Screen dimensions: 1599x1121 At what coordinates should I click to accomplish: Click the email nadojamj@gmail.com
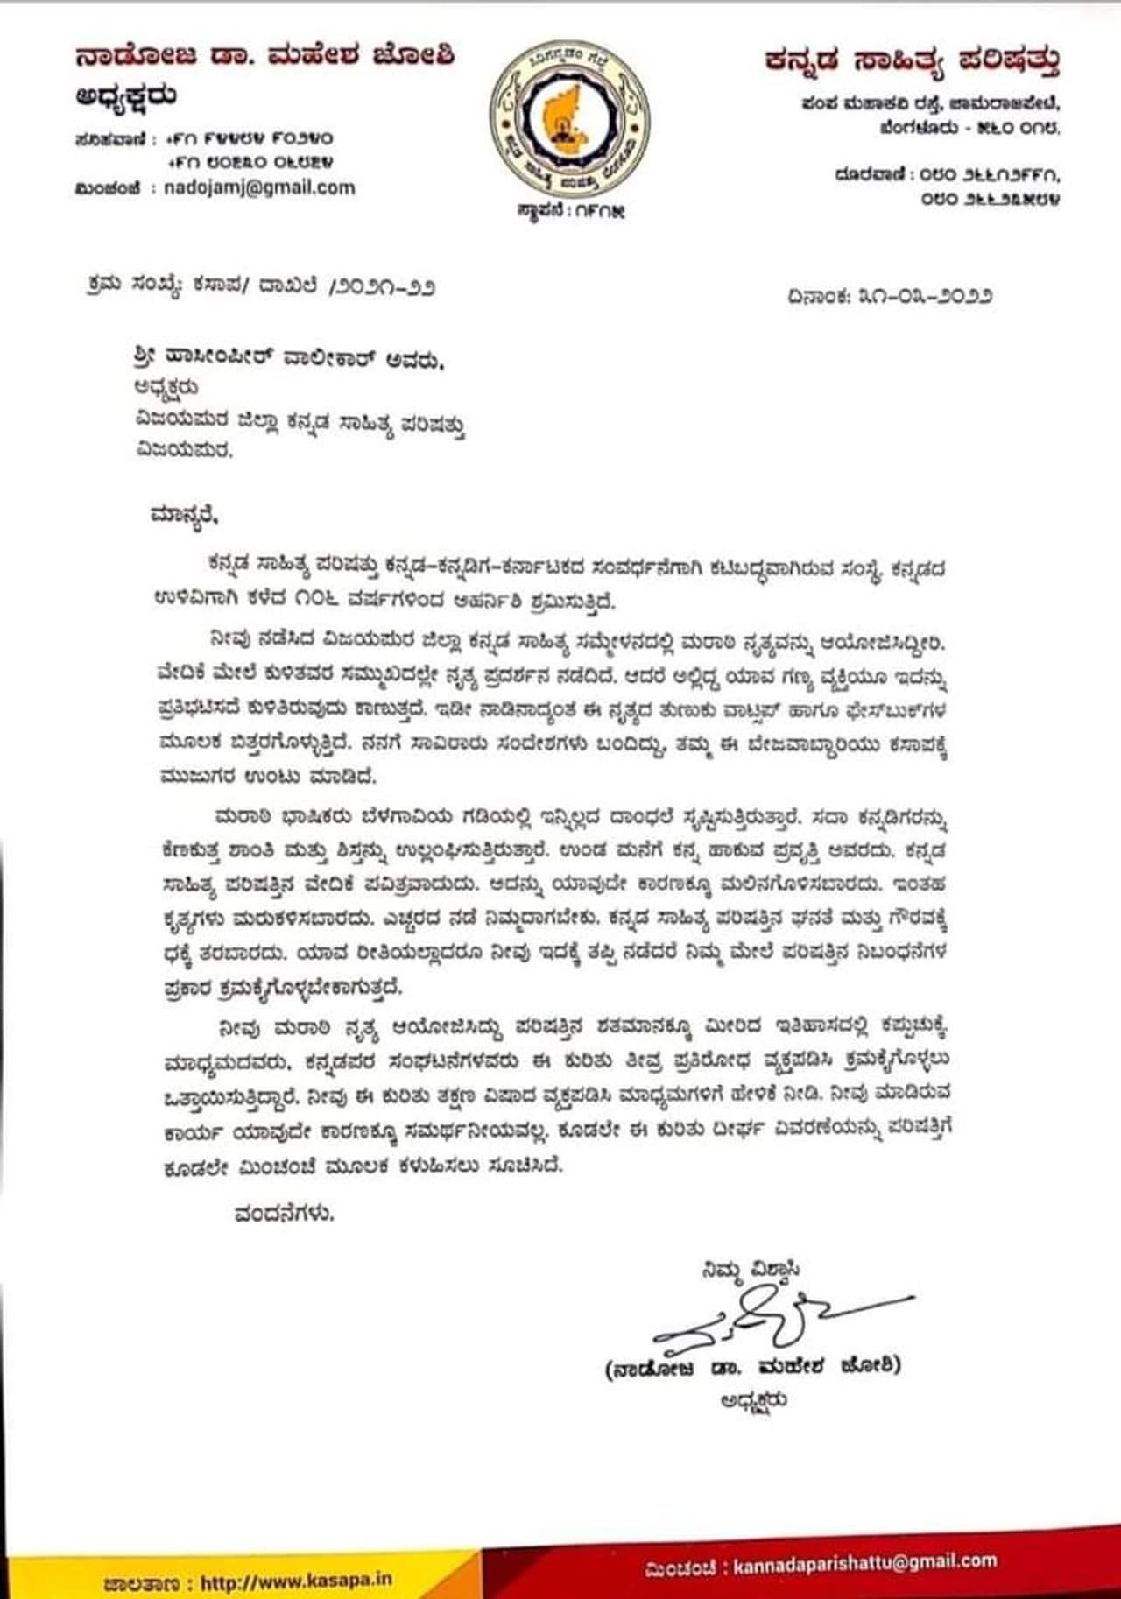coord(259,187)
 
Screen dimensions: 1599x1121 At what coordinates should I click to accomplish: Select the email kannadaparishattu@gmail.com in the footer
coord(864,1564)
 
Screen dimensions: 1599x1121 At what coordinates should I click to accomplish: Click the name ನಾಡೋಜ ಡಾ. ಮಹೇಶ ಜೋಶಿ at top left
coord(264,58)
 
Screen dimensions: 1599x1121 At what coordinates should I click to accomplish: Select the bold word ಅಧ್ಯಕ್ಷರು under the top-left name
coord(126,96)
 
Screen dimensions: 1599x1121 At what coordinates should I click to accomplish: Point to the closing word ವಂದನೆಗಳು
coord(285,1214)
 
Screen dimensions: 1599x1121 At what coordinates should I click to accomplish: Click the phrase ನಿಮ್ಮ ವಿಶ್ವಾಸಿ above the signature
coord(750,1269)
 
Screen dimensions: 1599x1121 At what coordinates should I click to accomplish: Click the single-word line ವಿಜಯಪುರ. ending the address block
coord(184,451)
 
